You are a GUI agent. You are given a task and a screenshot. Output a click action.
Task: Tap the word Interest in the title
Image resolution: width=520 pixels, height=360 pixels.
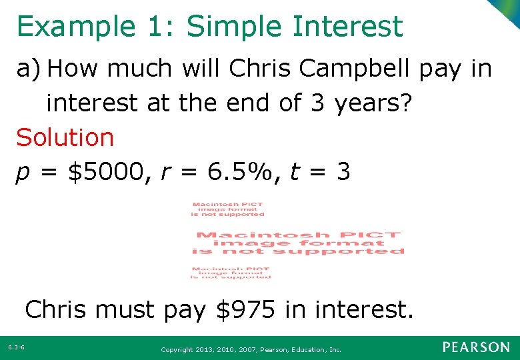tap(347, 27)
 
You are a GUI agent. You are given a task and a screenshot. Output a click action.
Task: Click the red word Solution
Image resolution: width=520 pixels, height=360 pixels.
tap(65, 138)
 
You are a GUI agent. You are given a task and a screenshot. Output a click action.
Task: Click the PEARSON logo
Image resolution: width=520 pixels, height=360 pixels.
tap(476, 347)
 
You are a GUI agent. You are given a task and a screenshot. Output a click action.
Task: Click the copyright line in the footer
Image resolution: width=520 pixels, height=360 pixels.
tap(251, 349)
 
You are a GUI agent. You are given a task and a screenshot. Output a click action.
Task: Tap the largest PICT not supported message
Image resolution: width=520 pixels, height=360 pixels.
tap(298, 243)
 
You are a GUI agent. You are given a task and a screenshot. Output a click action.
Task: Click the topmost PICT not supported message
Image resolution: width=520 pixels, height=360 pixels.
tap(228, 209)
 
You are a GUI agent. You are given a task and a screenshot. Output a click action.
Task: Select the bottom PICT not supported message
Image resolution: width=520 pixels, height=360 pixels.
tap(230, 273)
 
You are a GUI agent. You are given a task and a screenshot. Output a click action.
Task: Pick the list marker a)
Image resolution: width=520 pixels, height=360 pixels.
tap(29, 69)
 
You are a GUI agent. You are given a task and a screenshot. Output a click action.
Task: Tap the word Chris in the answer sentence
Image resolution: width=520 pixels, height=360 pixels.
tap(59, 309)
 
